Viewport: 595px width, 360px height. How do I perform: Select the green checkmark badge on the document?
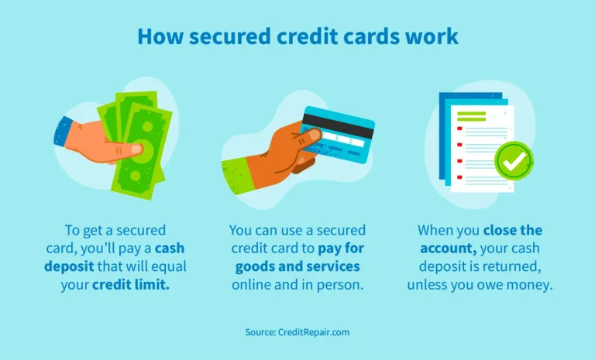tap(514, 160)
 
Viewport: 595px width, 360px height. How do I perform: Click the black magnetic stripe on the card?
tap(337, 123)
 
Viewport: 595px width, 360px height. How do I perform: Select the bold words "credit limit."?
tap(137, 284)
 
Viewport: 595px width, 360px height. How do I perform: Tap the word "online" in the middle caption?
tap(252, 284)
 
